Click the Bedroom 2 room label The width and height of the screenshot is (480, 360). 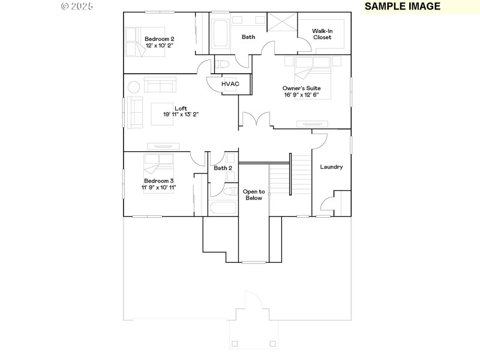(159, 39)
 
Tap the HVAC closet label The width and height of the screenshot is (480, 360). (230, 84)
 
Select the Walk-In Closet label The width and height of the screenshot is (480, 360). (322, 34)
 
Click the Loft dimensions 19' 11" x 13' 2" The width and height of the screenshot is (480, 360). (181, 114)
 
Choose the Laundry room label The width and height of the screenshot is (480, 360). (331, 167)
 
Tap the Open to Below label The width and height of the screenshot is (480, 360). (253, 194)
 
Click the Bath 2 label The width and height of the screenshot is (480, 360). (223, 168)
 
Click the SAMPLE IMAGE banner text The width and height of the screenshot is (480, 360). (402, 7)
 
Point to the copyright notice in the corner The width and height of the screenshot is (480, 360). (77, 6)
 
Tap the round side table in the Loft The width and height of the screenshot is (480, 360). (133, 87)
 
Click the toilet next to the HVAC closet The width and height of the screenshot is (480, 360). (222, 63)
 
